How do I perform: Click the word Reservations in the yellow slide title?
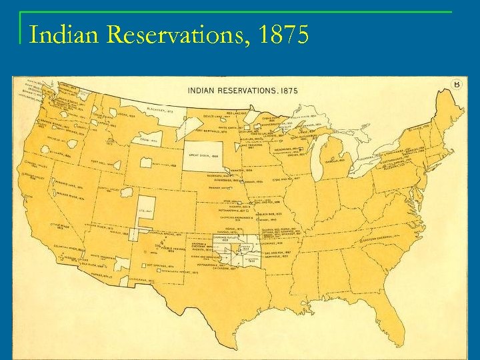pos(178,34)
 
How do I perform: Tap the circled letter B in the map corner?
pos(457,84)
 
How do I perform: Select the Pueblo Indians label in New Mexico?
pos(165,249)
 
